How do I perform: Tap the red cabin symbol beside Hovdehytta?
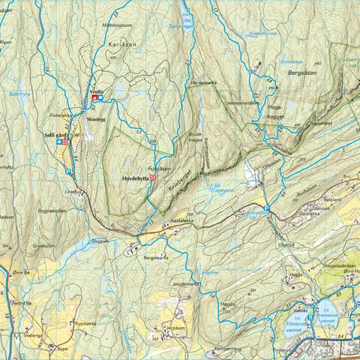point(152,178)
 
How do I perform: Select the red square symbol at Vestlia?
point(94,97)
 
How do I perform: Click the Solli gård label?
point(49,133)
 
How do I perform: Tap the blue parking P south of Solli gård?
point(69,172)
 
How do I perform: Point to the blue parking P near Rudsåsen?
point(266,209)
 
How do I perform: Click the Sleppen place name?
point(100,241)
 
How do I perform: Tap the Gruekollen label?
point(43,245)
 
